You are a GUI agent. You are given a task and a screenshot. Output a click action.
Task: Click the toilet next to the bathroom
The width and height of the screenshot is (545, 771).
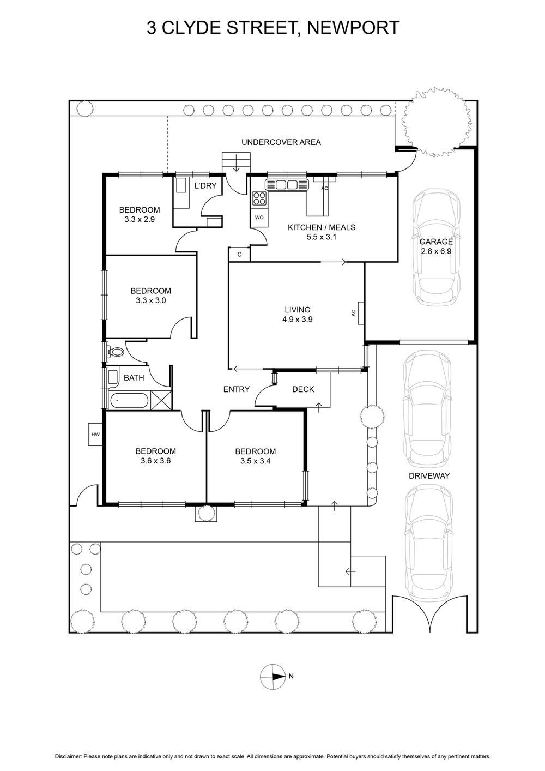[115, 352]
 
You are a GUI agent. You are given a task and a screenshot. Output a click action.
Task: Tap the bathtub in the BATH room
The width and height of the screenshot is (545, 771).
[129, 401]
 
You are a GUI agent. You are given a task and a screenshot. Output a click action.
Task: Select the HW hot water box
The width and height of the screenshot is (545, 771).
[96, 435]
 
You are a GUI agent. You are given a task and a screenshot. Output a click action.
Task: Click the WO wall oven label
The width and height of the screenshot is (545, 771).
[259, 218]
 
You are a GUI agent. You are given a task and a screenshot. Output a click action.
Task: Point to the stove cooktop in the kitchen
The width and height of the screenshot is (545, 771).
[259, 198]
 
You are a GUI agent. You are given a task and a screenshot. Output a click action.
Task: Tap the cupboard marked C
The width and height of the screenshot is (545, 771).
[239, 254]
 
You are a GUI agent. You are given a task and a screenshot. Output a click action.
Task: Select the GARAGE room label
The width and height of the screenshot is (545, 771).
[435, 242]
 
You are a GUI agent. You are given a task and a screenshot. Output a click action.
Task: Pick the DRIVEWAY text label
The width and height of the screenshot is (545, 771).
[429, 476]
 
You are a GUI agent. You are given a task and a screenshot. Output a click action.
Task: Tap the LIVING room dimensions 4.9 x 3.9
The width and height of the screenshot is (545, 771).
[297, 320]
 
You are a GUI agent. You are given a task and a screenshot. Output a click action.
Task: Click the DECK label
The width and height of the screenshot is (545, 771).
[303, 389]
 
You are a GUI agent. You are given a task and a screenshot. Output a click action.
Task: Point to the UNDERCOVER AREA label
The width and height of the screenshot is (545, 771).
[281, 142]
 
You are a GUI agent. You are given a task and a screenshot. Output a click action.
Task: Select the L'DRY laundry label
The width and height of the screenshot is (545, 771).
[205, 186]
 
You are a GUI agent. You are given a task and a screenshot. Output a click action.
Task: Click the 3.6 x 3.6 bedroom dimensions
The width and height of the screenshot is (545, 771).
[155, 461]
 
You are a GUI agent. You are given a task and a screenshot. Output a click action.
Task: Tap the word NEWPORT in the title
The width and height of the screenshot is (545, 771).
[353, 28]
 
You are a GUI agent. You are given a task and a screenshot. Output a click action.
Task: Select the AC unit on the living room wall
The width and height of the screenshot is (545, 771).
[361, 313]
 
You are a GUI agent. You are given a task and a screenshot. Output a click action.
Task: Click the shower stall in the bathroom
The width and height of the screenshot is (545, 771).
[161, 400]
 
